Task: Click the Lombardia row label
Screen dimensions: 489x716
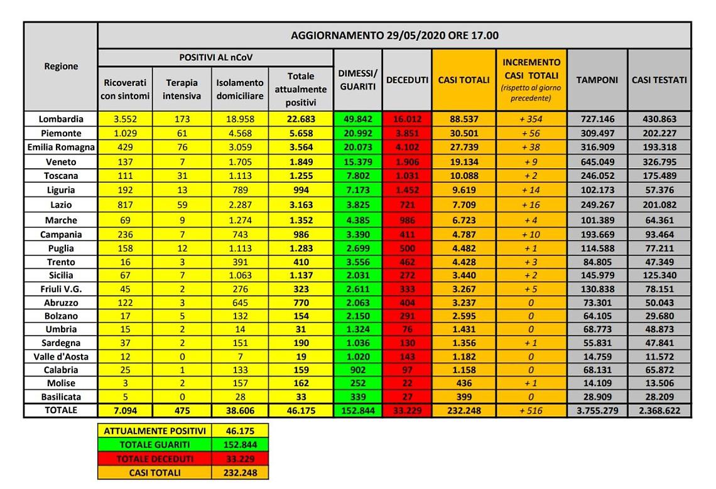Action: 60,119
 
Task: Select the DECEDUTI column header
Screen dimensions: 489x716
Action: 407,80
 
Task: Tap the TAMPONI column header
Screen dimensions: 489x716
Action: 597,80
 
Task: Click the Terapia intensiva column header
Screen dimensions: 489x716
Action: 182,89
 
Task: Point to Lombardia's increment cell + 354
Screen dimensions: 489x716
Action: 531,119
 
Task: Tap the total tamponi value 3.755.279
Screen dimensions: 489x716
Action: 597,411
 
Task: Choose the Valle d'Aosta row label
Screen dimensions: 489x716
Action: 60,357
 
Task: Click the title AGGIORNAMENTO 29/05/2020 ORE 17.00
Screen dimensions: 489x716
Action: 394,35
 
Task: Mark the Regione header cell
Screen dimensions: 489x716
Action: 61,67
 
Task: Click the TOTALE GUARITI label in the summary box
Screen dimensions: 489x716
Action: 155,445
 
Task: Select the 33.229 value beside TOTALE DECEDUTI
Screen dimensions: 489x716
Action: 239,459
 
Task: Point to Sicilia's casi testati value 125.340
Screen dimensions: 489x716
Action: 659,275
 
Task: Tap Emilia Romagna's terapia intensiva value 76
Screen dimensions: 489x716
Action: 182,147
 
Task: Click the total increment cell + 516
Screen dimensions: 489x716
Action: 531,411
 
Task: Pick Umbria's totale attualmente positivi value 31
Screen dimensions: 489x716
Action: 300,330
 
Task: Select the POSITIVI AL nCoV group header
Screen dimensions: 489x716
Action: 215,57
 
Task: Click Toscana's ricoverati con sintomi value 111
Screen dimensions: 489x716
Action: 125,176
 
